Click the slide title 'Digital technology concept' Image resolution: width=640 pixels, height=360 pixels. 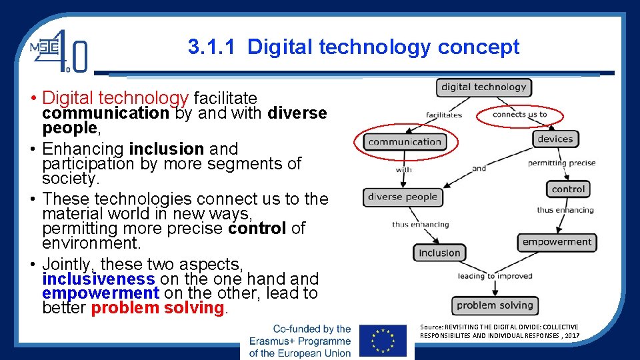pyautogui.click(x=353, y=47)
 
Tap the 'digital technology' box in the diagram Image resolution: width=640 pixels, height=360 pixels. pyautogui.click(x=483, y=87)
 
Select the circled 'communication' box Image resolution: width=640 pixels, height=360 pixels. pyautogui.click(x=405, y=141)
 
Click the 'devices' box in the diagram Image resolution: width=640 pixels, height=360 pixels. pyautogui.click(x=555, y=139)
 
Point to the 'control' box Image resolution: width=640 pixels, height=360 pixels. pyautogui.click(x=568, y=189)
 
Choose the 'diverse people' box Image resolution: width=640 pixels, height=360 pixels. pyautogui.click(x=402, y=197)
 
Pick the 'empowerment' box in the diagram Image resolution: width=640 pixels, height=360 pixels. pyautogui.click(x=557, y=242)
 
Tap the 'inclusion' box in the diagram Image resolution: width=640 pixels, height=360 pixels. pyautogui.click(x=439, y=253)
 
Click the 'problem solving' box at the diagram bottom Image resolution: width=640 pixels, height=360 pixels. pyautogui.click(x=495, y=305)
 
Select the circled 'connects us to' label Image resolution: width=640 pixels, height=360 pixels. pyautogui.click(x=519, y=115)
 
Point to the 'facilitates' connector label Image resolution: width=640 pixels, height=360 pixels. pyautogui.click(x=444, y=115)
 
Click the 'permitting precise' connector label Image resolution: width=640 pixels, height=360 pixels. pyautogui.click(x=561, y=163)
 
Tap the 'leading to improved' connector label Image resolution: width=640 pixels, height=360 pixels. pyautogui.click(x=495, y=276)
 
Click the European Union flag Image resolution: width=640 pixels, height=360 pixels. pyautogui.click(x=382, y=341)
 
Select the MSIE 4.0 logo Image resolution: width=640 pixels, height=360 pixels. pyautogui.click(x=58, y=51)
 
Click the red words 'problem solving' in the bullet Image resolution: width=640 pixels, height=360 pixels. pyautogui.click(x=157, y=308)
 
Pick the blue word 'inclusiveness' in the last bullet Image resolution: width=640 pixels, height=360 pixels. pyautogui.click(x=98, y=279)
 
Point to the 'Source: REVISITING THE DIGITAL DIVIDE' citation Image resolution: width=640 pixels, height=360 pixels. pyautogui.click(x=499, y=331)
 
